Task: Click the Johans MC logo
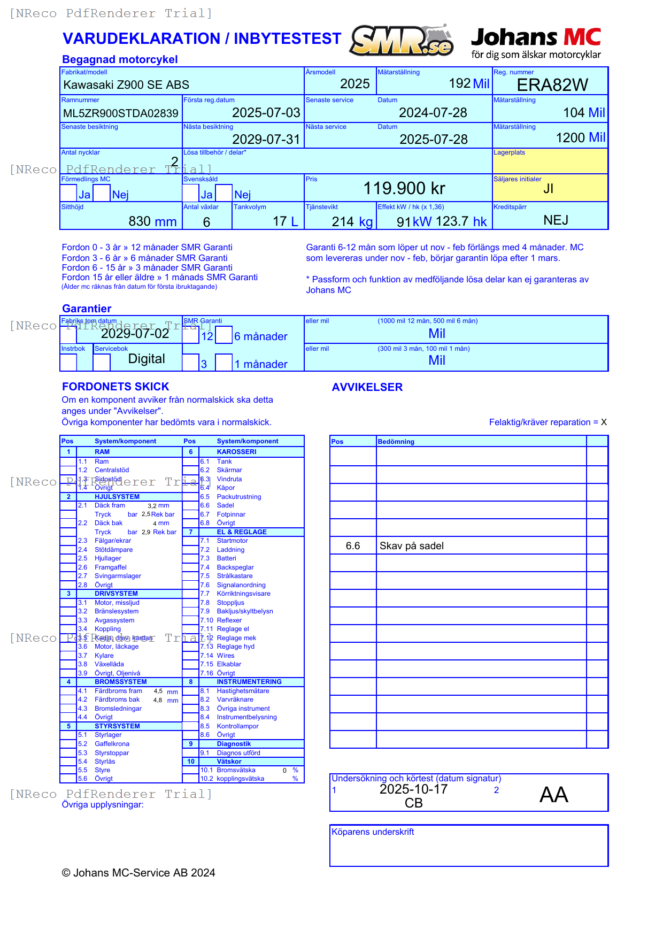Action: tap(536, 43)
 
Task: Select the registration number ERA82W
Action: tap(552, 85)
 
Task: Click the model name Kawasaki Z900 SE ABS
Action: tap(126, 85)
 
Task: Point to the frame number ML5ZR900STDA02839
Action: tap(121, 113)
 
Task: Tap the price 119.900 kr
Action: tap(404, 188)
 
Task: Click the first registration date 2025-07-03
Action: tap(266, 113)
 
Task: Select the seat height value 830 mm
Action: tap(152, 221)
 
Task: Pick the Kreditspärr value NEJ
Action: tap(556, 220)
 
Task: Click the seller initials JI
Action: tap(548, 189)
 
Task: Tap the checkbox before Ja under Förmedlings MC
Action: tap(68, 193)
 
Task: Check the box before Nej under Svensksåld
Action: tap(224, 193)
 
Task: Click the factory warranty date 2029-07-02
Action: tap(135, 334)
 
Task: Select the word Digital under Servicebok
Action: tap(147, 359)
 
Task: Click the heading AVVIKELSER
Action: tap(367, 387)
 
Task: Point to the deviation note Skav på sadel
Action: tap(411, 546)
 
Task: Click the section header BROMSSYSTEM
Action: tap(120, 682)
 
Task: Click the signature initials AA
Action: tap(553, 795)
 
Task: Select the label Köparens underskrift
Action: tap(372, 832)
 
